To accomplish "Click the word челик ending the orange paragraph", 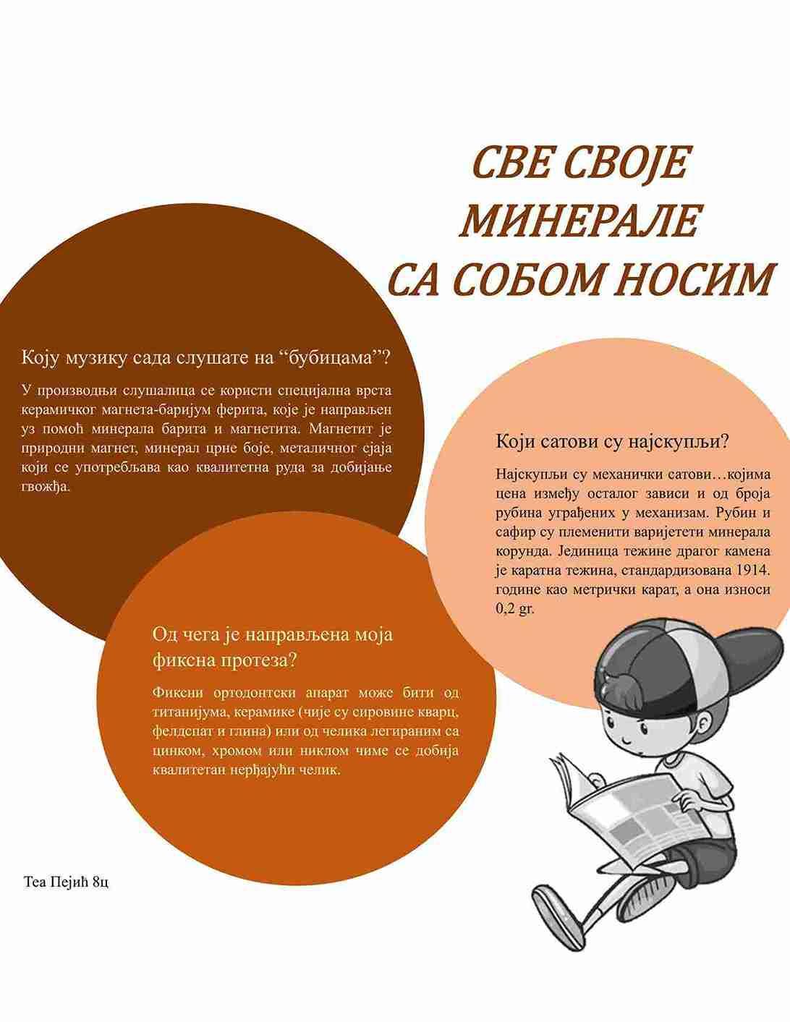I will (322, 770).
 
